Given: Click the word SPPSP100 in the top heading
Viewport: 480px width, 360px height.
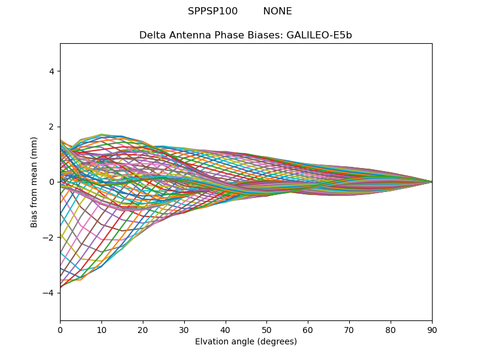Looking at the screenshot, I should [212, 11].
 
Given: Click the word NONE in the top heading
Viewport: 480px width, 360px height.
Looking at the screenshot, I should [277, 11].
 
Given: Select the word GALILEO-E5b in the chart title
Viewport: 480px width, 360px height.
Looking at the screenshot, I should [319, 35].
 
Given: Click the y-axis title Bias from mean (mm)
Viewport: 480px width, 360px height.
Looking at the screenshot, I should [34, 182].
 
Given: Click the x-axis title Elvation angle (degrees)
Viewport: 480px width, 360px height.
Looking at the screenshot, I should [246, 342].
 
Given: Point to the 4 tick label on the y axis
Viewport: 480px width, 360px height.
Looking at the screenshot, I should [52, 71].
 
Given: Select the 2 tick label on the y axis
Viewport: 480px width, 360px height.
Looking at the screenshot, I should [52, 127].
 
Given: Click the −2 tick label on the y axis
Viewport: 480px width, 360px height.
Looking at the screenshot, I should [49, 238].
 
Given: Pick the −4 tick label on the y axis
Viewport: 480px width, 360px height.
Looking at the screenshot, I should [49, 293].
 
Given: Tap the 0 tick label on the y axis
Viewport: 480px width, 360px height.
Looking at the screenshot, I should [52, 182].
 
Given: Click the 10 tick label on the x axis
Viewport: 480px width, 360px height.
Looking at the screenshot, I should [101, 329].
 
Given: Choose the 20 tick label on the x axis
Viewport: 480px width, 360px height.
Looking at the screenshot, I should [143, 329].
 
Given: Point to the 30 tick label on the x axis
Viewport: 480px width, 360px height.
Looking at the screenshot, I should [184, 329].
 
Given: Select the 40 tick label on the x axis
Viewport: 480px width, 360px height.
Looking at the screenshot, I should [226, 329].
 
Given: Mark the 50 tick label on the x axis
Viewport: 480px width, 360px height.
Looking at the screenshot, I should [266, 329].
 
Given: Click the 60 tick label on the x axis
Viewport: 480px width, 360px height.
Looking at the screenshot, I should [308, 329].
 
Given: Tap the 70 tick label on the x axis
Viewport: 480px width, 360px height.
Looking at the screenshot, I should [349, 329].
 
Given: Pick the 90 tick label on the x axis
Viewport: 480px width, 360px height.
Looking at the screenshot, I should [432, 329].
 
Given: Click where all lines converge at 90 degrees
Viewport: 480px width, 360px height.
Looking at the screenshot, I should [431, 182].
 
